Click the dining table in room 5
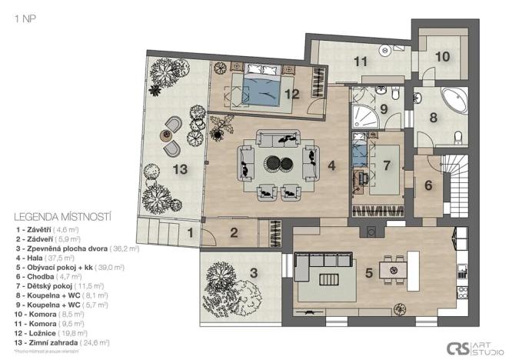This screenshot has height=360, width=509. tap(398, 269)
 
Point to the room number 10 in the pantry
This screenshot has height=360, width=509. tap(442, 56)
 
